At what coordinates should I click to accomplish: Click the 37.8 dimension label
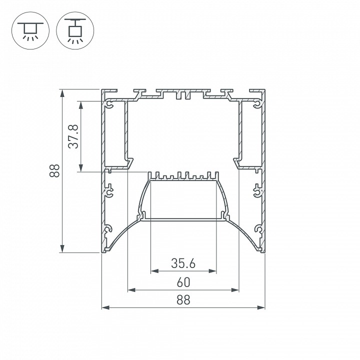(73, 136)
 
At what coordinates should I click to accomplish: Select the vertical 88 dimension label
(54, 170)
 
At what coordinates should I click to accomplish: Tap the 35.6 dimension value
(183, 263)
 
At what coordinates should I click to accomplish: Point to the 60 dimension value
(183, 282)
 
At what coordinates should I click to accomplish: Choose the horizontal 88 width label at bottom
(183, 300)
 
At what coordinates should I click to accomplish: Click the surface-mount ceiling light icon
(30, 30)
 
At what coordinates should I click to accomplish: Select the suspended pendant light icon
(75, 30)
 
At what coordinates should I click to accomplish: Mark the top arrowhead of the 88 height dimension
(62, 93)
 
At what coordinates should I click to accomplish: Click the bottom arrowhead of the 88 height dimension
(62, 248)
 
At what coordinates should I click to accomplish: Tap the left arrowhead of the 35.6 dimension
(154, 271)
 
